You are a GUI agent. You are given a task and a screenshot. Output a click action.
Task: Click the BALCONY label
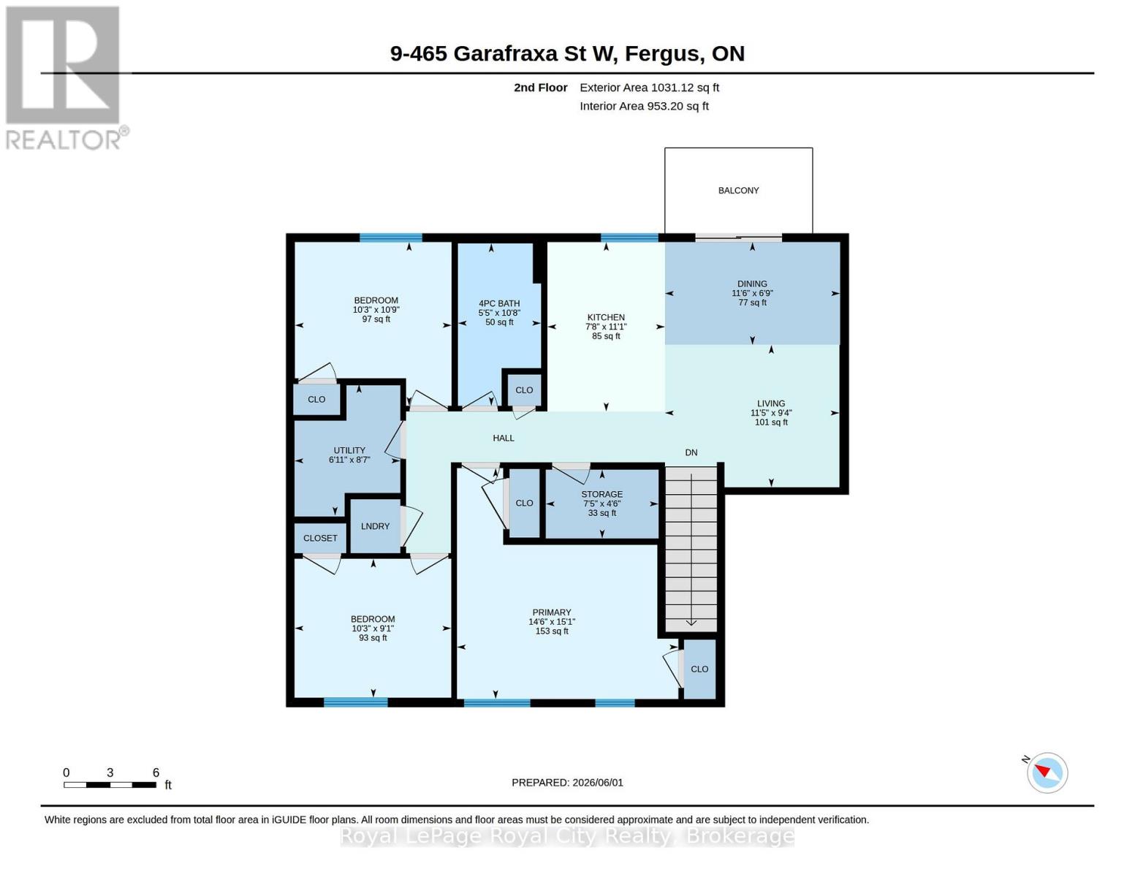[x=738, y=191]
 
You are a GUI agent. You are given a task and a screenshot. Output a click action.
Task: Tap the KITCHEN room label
[x=606, y=317]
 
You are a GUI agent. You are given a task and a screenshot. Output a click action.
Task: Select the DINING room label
[x=752, y=284]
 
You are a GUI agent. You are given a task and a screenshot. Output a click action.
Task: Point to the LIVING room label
[x=771, y=403]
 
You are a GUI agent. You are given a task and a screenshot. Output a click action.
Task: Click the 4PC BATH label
[x=499, y=303]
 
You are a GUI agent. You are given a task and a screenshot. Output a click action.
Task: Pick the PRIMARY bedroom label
[x=552, y=612]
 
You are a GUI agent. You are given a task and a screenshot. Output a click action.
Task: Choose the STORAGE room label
[x=601, y=494]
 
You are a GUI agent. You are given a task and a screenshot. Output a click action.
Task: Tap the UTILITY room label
[x=349, y=450]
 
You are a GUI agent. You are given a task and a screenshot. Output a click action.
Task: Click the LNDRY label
[x=375, y=526]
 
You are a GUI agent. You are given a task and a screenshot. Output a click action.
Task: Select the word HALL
[x=504, y=438]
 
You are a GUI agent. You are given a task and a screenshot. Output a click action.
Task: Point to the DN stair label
[x=691, y=452]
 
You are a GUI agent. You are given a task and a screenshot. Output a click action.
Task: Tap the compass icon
[x=1047, y=773]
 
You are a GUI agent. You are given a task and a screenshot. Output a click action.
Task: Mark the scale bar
[x=110, y=784]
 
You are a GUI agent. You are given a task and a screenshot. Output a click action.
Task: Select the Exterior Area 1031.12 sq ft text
[x=649, y=88]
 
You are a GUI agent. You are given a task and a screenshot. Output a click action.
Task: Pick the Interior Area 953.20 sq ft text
[x=644, y=106]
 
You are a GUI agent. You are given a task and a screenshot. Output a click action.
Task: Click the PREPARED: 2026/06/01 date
[x=567, y=783]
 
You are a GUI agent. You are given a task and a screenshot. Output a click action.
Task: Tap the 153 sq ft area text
[x=552, y=631]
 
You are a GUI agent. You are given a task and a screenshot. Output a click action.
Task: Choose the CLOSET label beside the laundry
[x=320, y=538]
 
